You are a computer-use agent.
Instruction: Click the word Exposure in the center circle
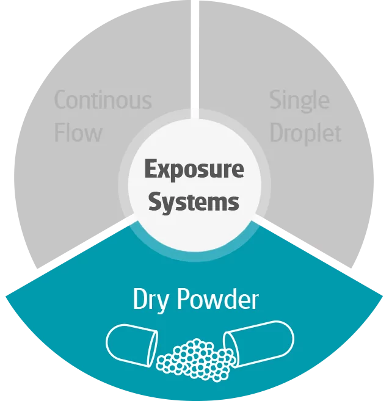(x=194, y=169)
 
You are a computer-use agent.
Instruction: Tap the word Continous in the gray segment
(x=103, y=100)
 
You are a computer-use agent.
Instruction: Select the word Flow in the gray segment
(x=78, y=132)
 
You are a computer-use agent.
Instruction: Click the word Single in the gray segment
(x=299, y=100)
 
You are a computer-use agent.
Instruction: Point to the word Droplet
(x=305, y=134)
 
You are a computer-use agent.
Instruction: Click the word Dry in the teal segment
(x=151, y=300)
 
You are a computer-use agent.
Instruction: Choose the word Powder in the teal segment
(x=217, y=300)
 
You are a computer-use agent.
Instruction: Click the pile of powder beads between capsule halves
(x=194, y=357)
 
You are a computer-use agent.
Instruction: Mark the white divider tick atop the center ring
(x=194, y=114)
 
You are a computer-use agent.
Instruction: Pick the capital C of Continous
(x=60, y=100)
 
